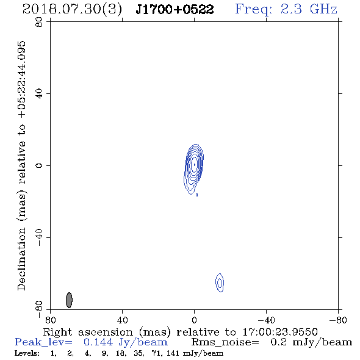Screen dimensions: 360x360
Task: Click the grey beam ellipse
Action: click(x=69, y=300)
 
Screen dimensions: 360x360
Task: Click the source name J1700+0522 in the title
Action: click(x=175, y=10)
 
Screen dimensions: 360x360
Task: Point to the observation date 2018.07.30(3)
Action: click(x=72, y=10)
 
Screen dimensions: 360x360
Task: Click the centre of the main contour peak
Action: click(x=195, y=164)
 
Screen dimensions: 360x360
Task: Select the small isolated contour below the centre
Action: click(x=220, y=283)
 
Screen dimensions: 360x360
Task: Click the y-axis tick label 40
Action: click(x=39, y=94)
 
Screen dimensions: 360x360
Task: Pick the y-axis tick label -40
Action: click(x=39, y=237)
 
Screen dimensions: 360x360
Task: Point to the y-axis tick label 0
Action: click(x=39, y=165)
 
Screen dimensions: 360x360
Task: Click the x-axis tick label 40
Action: click(x=123, y=320)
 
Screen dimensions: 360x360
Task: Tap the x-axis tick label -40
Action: click(x=266, y=320)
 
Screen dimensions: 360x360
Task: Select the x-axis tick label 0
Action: click(x=195, y=320)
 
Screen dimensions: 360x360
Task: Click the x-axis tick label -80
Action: click(x=338, y=320)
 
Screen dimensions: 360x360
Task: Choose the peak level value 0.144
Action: click(x=98, y=342)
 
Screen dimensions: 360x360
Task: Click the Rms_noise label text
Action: click(x=225, y=342)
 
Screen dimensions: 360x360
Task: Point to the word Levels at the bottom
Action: click(x=27, y=353)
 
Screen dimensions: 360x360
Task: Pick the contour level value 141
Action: click(x=173, y=353)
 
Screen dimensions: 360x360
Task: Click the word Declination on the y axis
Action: click(x=22, y=259)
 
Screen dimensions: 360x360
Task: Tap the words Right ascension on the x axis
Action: click(x=88, y=332)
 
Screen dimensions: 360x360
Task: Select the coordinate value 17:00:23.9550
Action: click(x=280, y=332)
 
